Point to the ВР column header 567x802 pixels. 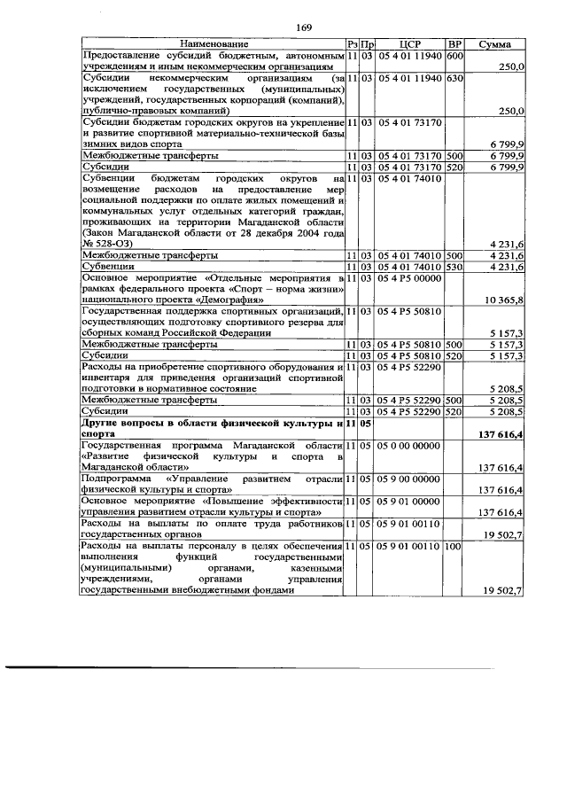tap(454, 43)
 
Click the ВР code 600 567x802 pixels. tap(454, 55)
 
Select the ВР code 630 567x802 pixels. tap(454, 78)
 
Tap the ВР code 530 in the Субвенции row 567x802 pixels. tap(454, 266)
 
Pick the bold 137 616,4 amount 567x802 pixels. tap(501, 434)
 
